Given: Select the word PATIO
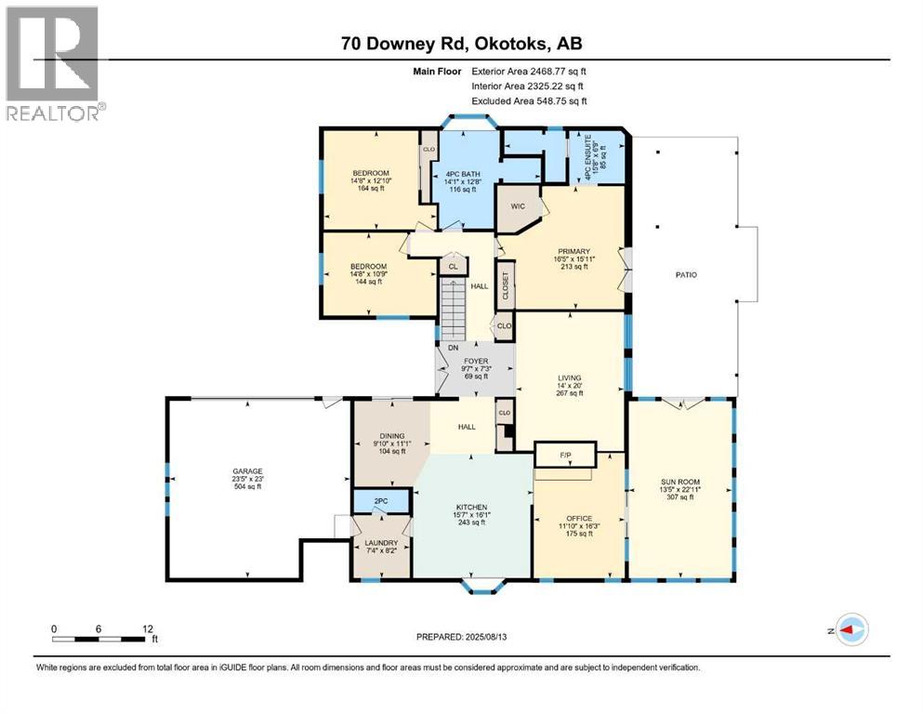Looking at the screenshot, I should click(686, 275).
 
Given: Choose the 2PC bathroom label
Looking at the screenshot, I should click(380, 501).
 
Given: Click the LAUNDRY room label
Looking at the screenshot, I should click(381, 543).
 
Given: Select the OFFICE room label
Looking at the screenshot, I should click(579, 518).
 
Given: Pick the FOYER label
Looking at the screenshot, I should click(475, 361).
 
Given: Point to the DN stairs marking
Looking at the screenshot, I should click(453, 348).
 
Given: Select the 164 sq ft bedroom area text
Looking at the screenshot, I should click(369, 190).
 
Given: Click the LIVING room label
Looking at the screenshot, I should click(570, 377).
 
